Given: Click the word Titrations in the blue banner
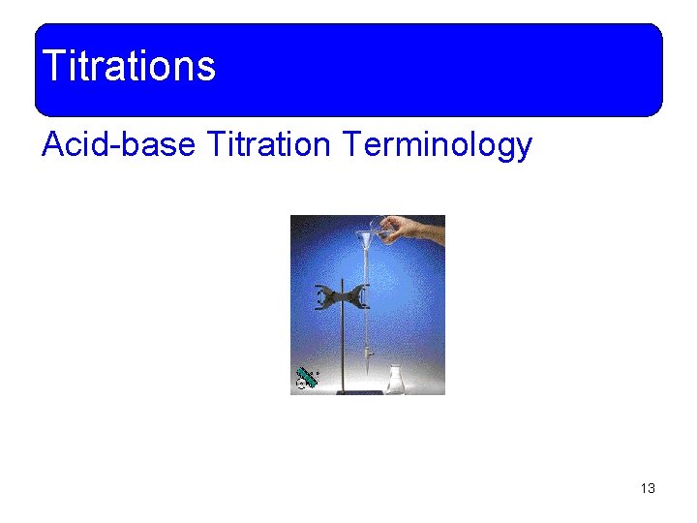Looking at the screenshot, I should (x=129, y=66).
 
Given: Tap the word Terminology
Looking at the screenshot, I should (x=437, y=146).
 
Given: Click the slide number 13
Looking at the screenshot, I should (x=648, y=488).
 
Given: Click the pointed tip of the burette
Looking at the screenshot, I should (x=369, y=373).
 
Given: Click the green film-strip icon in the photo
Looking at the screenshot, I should (x=306, y=378).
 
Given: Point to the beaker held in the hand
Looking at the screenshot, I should (x=386, y=229).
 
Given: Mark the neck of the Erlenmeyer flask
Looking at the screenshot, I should (x=395, y=369).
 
